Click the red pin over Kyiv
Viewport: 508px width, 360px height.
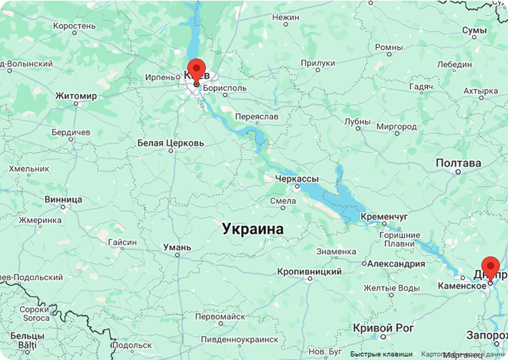(x=195, y=69)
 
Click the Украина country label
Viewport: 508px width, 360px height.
(x=253, y=229)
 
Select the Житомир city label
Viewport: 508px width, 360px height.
(x=76, y=96)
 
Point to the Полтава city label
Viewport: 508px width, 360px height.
(x=458, y=163)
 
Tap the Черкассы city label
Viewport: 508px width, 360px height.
(x=296, y=179)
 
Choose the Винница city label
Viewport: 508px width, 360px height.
(x=63, y=200)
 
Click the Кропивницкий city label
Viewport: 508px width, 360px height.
(x=309, y=272)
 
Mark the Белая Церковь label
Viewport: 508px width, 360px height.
(x=170, y=143)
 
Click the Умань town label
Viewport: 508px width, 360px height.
(x=177, y=247)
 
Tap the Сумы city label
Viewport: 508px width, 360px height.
(x=474, y=30)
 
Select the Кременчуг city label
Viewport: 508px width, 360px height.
(x=385, y=216)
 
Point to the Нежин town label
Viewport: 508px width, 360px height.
(x=286, y=16)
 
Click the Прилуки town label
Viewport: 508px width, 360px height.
(x=318, y=63)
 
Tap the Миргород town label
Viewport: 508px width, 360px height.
(x=396, y=127)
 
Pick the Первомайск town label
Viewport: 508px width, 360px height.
(x=220, y=316)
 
